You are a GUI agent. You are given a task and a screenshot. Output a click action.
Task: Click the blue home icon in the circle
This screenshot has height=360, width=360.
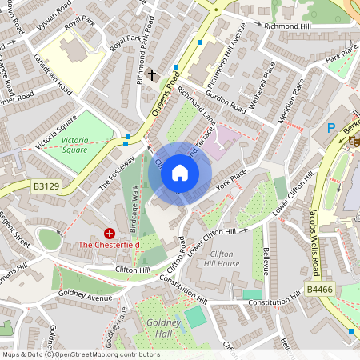pos(180,173)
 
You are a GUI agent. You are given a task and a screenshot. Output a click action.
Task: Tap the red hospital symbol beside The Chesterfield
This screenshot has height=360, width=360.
pos(110,233)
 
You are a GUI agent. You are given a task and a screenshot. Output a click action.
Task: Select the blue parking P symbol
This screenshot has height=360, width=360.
pos(331,128)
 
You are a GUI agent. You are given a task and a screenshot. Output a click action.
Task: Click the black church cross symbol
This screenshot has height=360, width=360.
pos(152,74)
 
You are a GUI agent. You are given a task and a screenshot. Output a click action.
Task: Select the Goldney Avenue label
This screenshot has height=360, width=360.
pos(84,295)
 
